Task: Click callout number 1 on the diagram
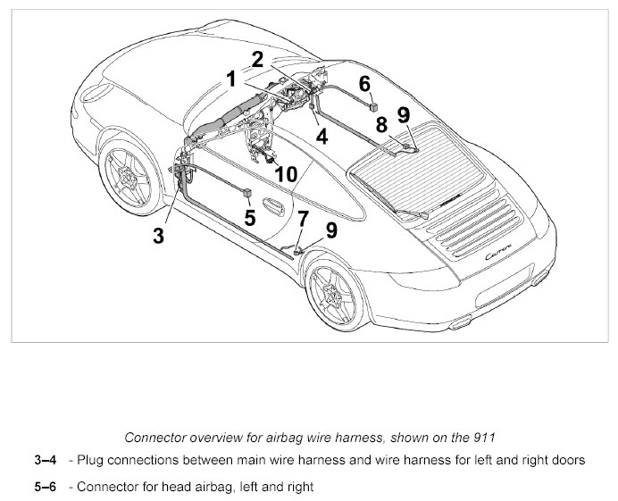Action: (x=230, y=79)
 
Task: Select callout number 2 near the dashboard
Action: (x=257, y=59)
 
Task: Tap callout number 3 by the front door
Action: (x=158, y=236)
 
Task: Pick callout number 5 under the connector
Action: (x=249, y=216)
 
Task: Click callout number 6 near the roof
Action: (x=364, y=83)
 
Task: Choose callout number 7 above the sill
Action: (x=303, y=218)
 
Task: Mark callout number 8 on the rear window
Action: (x=381, y=125)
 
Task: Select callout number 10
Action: (x=285, y=174)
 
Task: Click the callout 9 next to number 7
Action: (x=331, y=230)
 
